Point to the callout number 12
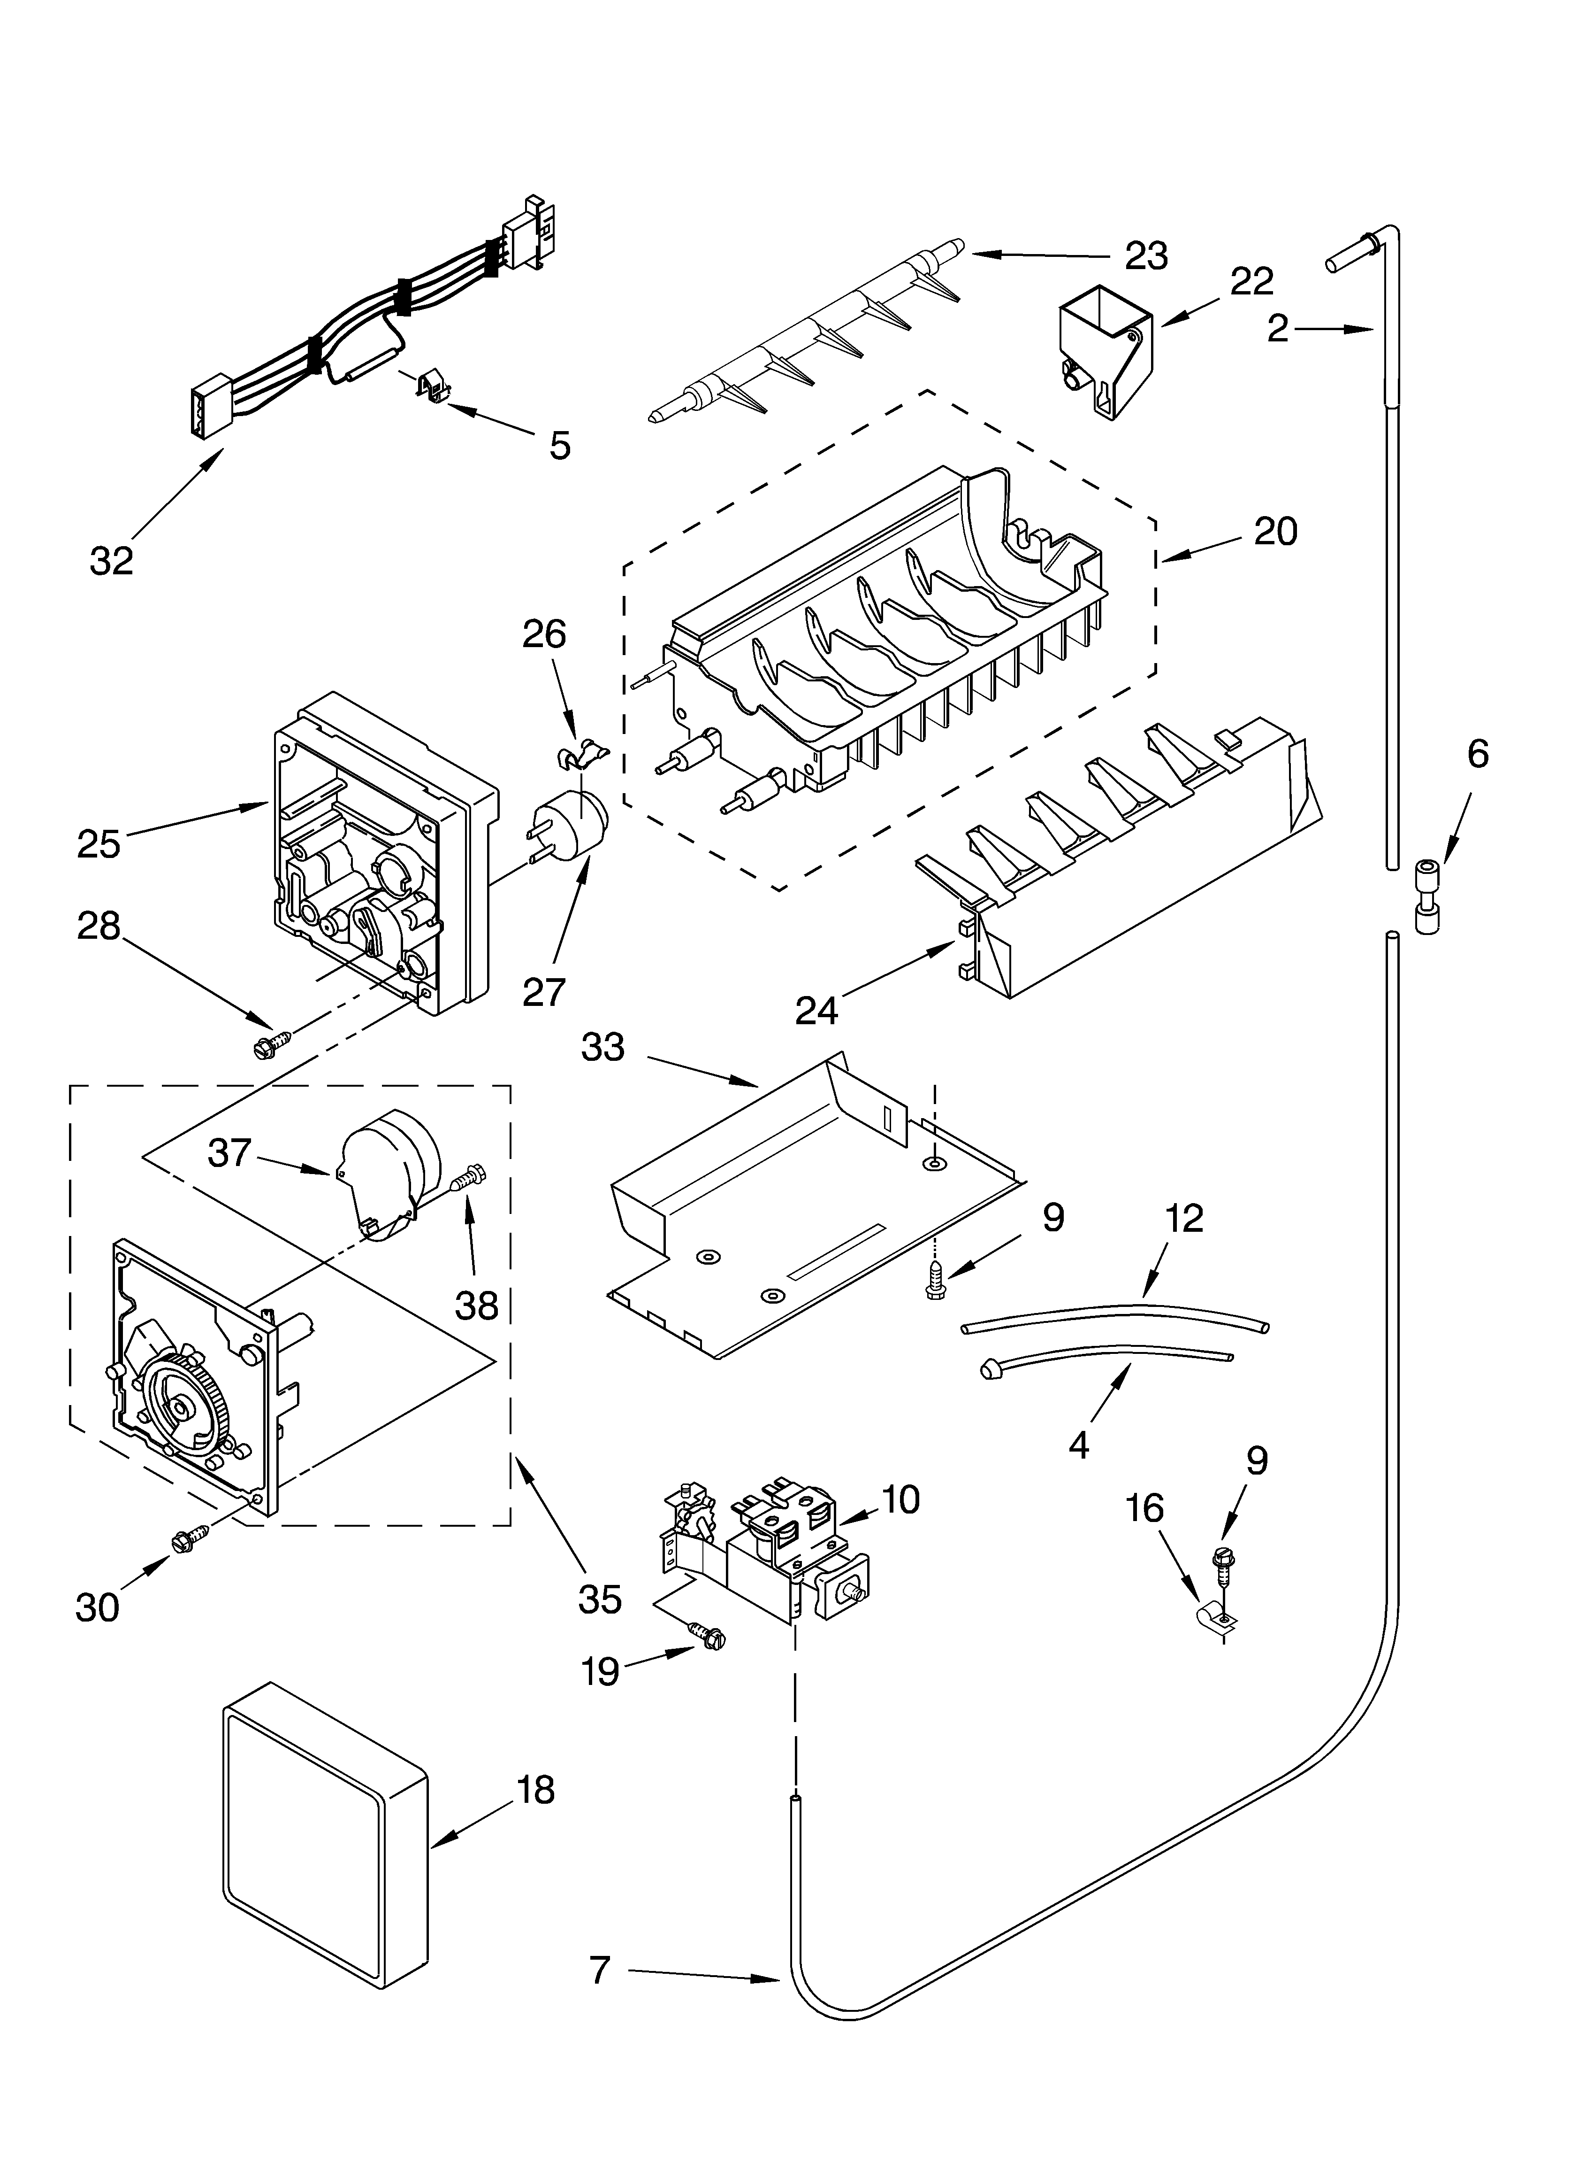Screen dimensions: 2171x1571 point(1184,1219)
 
